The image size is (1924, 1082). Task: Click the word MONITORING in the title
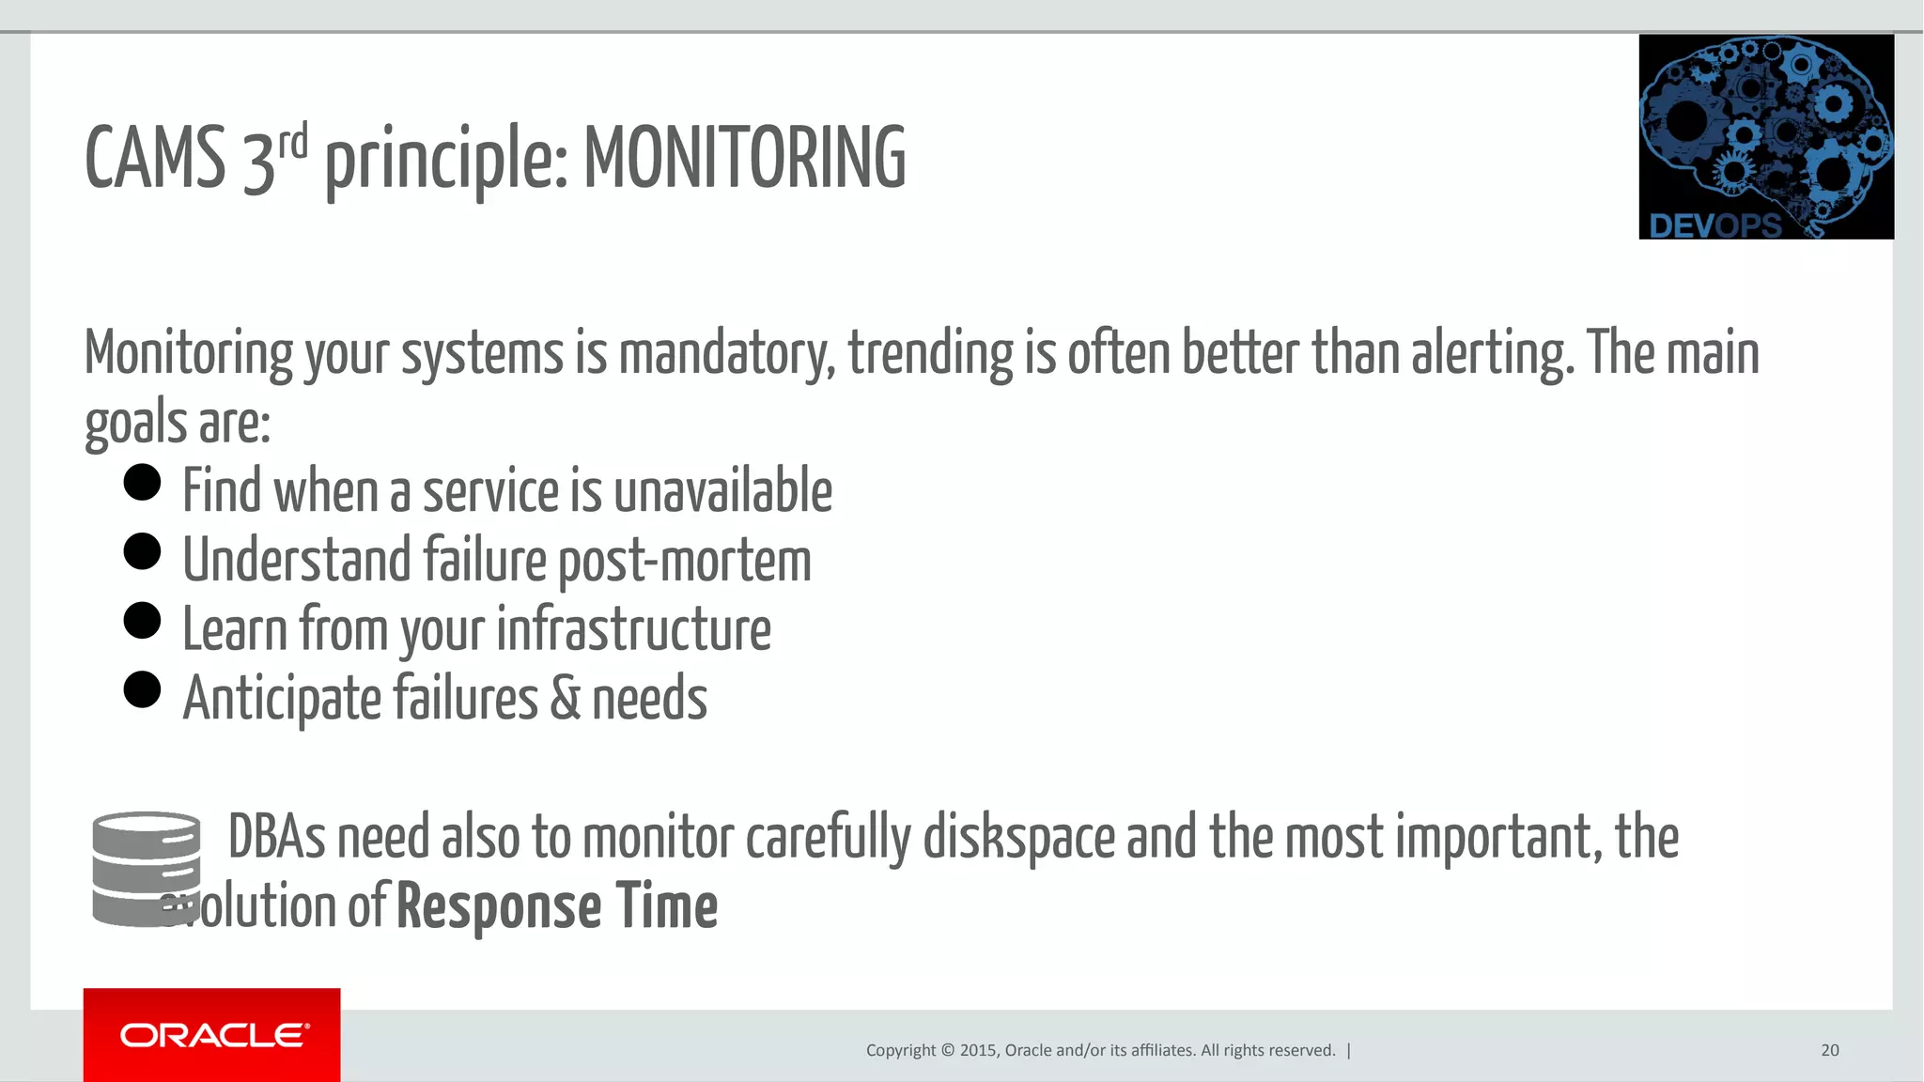[x=745, y=158]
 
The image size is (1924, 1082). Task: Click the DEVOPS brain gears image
[x=1765, y=137]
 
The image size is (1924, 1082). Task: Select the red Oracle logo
[x=212, y=1034]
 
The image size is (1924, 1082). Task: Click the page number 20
[x=1829, y=1050]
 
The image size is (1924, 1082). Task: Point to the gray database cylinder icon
[x=146, y=869]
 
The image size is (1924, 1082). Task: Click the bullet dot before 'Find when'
[x=143, y=483]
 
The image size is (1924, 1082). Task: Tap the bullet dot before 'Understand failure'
[x=143, y=551]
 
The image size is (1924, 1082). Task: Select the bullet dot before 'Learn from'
[x=143, y=621]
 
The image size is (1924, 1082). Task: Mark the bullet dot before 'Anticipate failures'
[x=143, y=690]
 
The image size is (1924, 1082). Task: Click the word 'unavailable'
[x=722, y=491]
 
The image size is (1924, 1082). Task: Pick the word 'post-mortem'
[x=685, y=561]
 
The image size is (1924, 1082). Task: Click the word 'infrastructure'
[x=633, y=629]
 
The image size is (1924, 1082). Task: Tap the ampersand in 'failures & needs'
[x=566, y=699]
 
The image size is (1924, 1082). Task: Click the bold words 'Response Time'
[x=557, y=907]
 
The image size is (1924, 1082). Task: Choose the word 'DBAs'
[x=276, y=838]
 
